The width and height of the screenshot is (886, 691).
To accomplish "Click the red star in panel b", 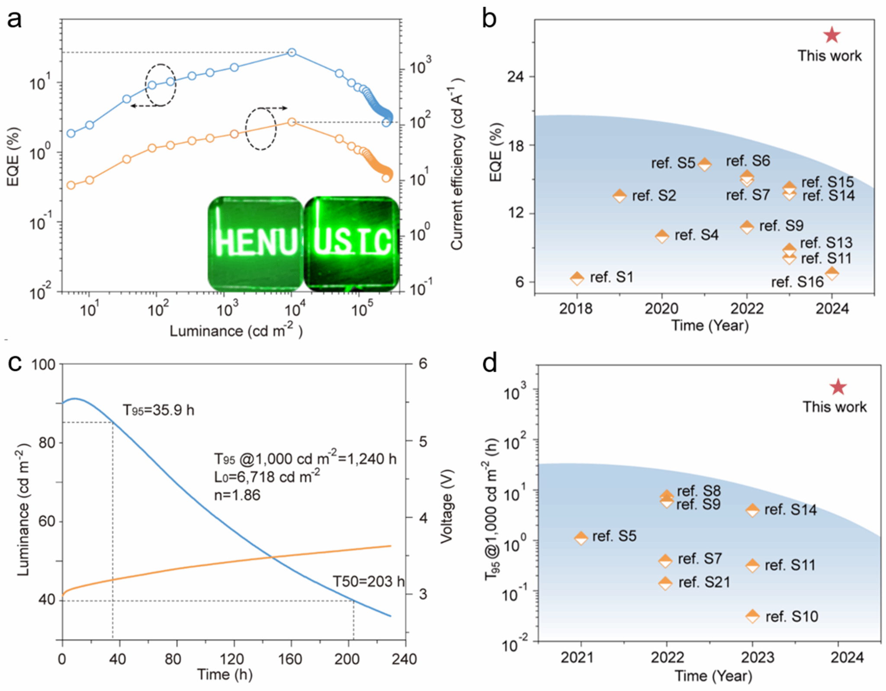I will pyautogui.click(x=831, y=35).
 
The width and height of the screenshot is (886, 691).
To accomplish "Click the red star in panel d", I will pyautogui.click(x=838, y=387).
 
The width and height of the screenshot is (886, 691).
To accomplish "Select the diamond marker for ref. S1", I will pyautogui.click(x=577, y=278).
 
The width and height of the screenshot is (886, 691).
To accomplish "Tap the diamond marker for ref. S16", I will pyautogui.click(x=831, y=273).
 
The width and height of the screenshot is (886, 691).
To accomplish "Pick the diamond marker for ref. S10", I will pyautogui.click(x=752, y=616).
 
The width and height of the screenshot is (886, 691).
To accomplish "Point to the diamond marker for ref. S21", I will pyautogui.click(x=665, y=583).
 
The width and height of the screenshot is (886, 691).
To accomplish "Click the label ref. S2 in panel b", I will pyautogui.click(x=654, y=196).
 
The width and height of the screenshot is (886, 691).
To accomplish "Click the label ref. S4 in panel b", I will pyautogui.click(x=696, y=235).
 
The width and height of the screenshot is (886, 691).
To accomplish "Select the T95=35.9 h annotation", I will pyautogui.click(x=158, y=410).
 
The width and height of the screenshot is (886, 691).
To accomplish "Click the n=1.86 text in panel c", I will pyautogui.click(x=237, y=495).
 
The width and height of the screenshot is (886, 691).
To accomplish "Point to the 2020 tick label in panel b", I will pyautogui.click(x=661, y=309).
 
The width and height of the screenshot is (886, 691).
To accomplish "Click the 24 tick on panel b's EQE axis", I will pyautogui.click(x=515, y=77).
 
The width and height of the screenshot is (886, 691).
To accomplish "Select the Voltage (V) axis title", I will pyautogui.click(x=446, y=506).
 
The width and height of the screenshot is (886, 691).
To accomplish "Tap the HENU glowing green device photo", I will pyautogui.click(x=255, y=243).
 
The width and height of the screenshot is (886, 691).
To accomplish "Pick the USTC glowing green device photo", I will pyautogui.click(x=351, y=243).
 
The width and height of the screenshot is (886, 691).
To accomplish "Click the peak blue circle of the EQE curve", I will pyautogui.click(x=292, y=52).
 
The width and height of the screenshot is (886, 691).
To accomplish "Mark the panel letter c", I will pyautogui.click(x=15, y=363).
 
